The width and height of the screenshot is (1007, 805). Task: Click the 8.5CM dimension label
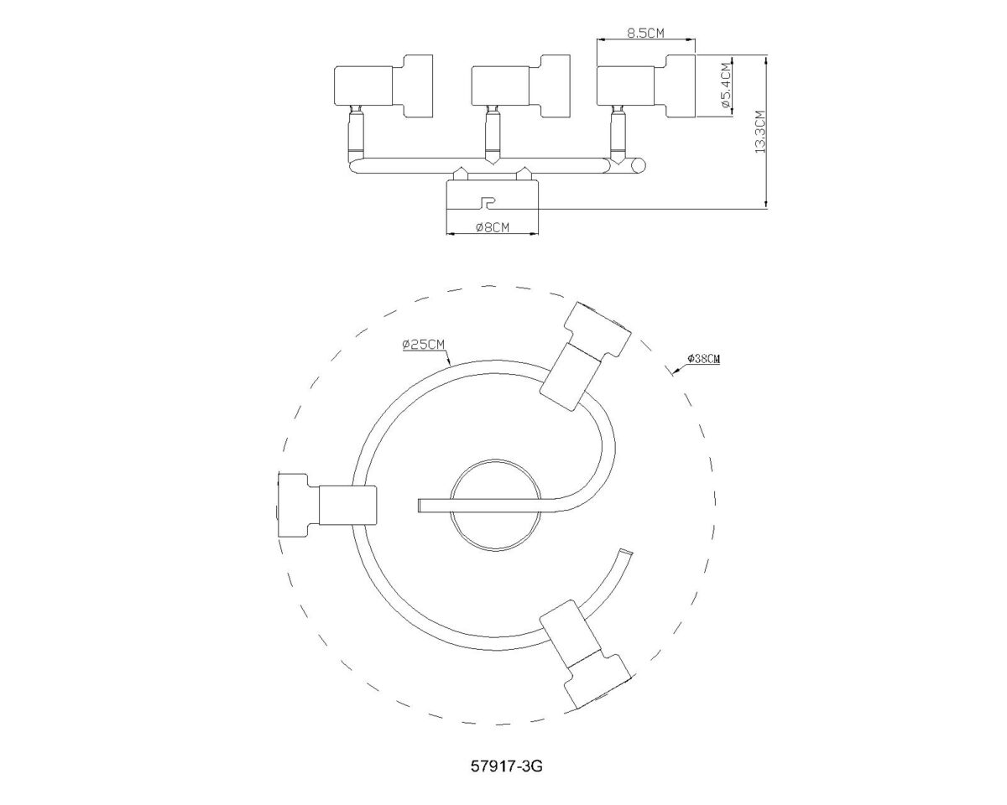(645, 33)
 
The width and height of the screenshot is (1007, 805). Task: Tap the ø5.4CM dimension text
(726, 86)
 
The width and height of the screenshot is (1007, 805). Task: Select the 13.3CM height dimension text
(760, 132)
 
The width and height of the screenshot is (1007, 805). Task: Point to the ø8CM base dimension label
(493, 227)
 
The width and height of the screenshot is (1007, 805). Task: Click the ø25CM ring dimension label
(424, 345)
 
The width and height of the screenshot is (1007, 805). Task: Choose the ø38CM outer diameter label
(703, 359)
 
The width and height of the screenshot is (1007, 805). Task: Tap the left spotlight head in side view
(383, 86)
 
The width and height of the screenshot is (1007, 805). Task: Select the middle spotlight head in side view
(521, 86)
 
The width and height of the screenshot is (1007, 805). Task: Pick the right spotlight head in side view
(646, 86)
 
